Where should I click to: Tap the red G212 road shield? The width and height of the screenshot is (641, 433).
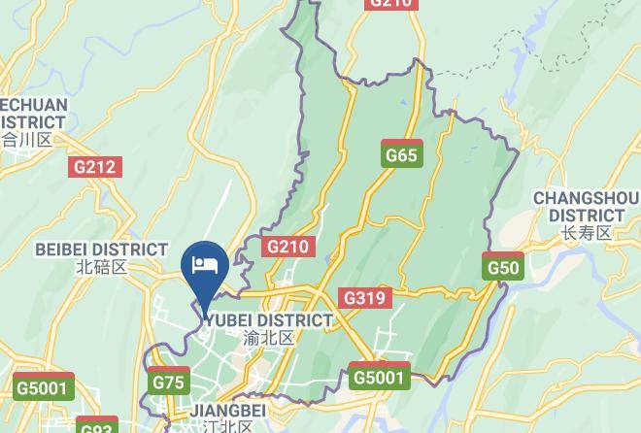pos(95,167)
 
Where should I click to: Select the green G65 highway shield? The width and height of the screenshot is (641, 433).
pos(401,154)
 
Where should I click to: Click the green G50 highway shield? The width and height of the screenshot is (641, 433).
pos(503,267)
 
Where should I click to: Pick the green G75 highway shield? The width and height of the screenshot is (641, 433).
pos(168,383)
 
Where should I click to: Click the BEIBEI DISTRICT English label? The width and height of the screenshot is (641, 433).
pos(101,250)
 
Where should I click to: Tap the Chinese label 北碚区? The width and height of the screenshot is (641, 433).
pos(101,267)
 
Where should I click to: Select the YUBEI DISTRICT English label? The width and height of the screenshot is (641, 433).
pos(269,320)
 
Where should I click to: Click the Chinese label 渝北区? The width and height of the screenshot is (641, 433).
pos(269,338)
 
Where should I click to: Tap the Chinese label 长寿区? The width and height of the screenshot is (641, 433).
pos(586,233)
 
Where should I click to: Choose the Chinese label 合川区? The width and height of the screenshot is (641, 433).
pos(26,140)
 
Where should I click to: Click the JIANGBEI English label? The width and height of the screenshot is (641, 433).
pos(227,411)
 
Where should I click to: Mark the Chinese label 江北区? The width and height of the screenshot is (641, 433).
pos(227,426)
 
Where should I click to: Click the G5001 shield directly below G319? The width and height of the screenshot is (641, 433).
pos(379,377)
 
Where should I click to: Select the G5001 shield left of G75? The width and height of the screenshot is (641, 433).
pos(44,387)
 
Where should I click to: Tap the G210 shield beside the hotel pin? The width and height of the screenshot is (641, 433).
pos(287,247)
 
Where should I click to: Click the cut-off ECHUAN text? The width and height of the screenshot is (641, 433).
pos(34,105)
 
